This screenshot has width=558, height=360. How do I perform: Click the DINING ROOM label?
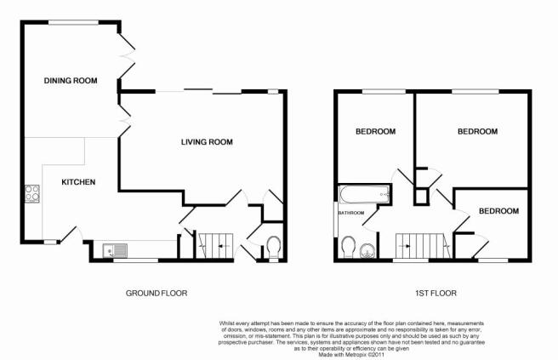coord(71,81)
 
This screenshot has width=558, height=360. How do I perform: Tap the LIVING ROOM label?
coord(207,142)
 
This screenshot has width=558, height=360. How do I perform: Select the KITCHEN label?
coord(78,182)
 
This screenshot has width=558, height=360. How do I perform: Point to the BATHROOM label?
coord(351,213)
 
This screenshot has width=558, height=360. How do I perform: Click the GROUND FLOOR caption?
coord(157,293)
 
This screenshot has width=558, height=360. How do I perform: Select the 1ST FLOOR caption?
coord(436,293)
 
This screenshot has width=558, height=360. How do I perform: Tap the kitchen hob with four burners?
coord(32,193)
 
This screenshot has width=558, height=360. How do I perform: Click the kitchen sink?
coord(115,250)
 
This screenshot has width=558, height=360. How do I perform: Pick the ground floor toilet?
coord(274,248)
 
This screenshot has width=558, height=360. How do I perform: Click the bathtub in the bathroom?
coord(365,194)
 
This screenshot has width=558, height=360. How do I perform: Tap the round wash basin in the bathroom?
coord(367,251)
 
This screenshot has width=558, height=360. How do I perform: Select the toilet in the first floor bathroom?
coord(348,247)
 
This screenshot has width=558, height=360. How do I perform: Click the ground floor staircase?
coord(215,246)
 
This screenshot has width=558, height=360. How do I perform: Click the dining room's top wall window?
coord(74,22)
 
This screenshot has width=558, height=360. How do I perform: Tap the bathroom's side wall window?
coord(336,219)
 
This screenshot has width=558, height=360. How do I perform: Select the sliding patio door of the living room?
coord(198,91)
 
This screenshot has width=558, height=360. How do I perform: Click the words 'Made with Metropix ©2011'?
coord(351,355)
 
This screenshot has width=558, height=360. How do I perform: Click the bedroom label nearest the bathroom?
coord(375,132)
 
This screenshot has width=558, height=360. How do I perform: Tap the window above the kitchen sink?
coord(135,260)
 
